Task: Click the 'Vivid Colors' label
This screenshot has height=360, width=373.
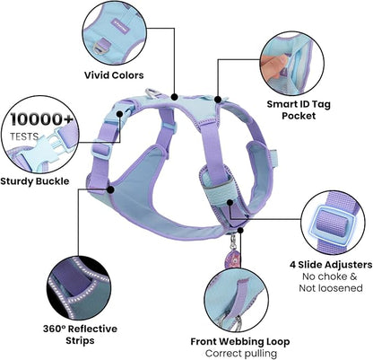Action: pos(114,75)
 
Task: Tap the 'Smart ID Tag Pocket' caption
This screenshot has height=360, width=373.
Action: pos(299,110)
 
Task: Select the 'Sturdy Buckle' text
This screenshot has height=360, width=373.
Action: pos(35,181)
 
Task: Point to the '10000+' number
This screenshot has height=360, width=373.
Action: pos(41,119)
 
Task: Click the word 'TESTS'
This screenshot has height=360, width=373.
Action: pos(24,136)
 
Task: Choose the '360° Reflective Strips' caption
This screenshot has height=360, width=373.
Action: pos(80,334)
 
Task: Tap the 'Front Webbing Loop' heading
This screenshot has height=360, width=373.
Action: pos(240,341)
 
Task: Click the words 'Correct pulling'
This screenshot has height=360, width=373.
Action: pos(241,353)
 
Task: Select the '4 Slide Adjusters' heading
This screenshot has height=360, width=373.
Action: pos(331,265)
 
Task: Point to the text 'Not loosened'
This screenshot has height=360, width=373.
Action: pos(331,288)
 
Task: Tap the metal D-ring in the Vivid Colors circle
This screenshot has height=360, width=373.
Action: pos(99,48)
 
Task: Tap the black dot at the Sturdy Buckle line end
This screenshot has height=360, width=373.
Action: pos(119,114)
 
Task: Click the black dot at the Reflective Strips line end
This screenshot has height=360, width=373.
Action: pos(110,189)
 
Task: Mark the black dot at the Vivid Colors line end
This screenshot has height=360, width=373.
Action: pos(174,97)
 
